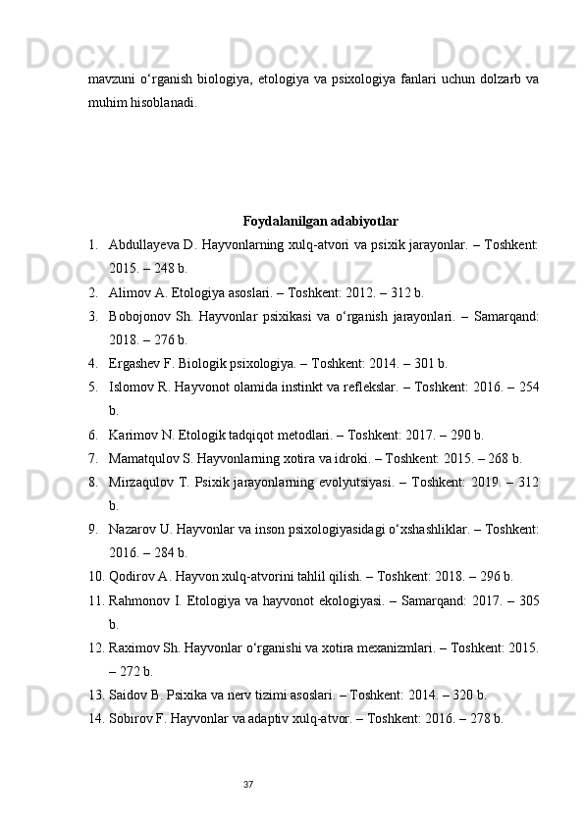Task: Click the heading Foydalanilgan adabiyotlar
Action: coord(320,220)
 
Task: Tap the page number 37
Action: coord(249,783)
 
